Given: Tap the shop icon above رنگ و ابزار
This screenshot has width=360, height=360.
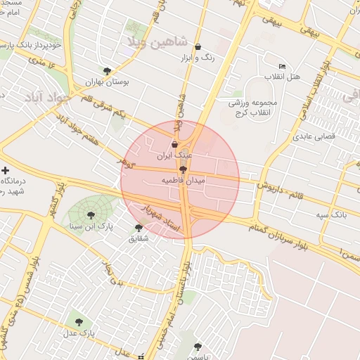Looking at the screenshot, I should coord(198,46).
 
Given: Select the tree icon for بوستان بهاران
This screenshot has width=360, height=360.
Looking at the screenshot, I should coord(107,71).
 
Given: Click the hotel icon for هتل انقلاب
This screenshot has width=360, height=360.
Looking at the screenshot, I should coord(283,66).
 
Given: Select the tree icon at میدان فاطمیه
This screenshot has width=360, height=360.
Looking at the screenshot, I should coord(183,169).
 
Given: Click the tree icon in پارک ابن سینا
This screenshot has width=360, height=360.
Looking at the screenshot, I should coord(91,215).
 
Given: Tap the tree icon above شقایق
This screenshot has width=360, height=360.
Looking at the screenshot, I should coord(139,227).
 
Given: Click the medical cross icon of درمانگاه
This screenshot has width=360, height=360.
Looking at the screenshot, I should coord(6,170).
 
